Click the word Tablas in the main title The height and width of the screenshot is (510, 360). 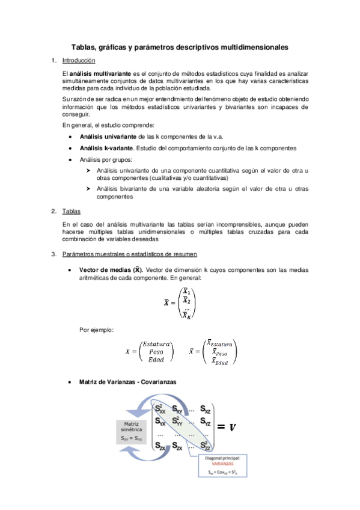click(x=83, y=46)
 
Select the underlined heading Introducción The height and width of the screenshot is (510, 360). click(x=79, y=60)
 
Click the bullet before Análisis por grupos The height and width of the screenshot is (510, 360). click(x=72, y=160)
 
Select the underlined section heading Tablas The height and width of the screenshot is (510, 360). click(x=72, y=211)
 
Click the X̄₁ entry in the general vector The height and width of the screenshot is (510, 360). click(x=186, y=292)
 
